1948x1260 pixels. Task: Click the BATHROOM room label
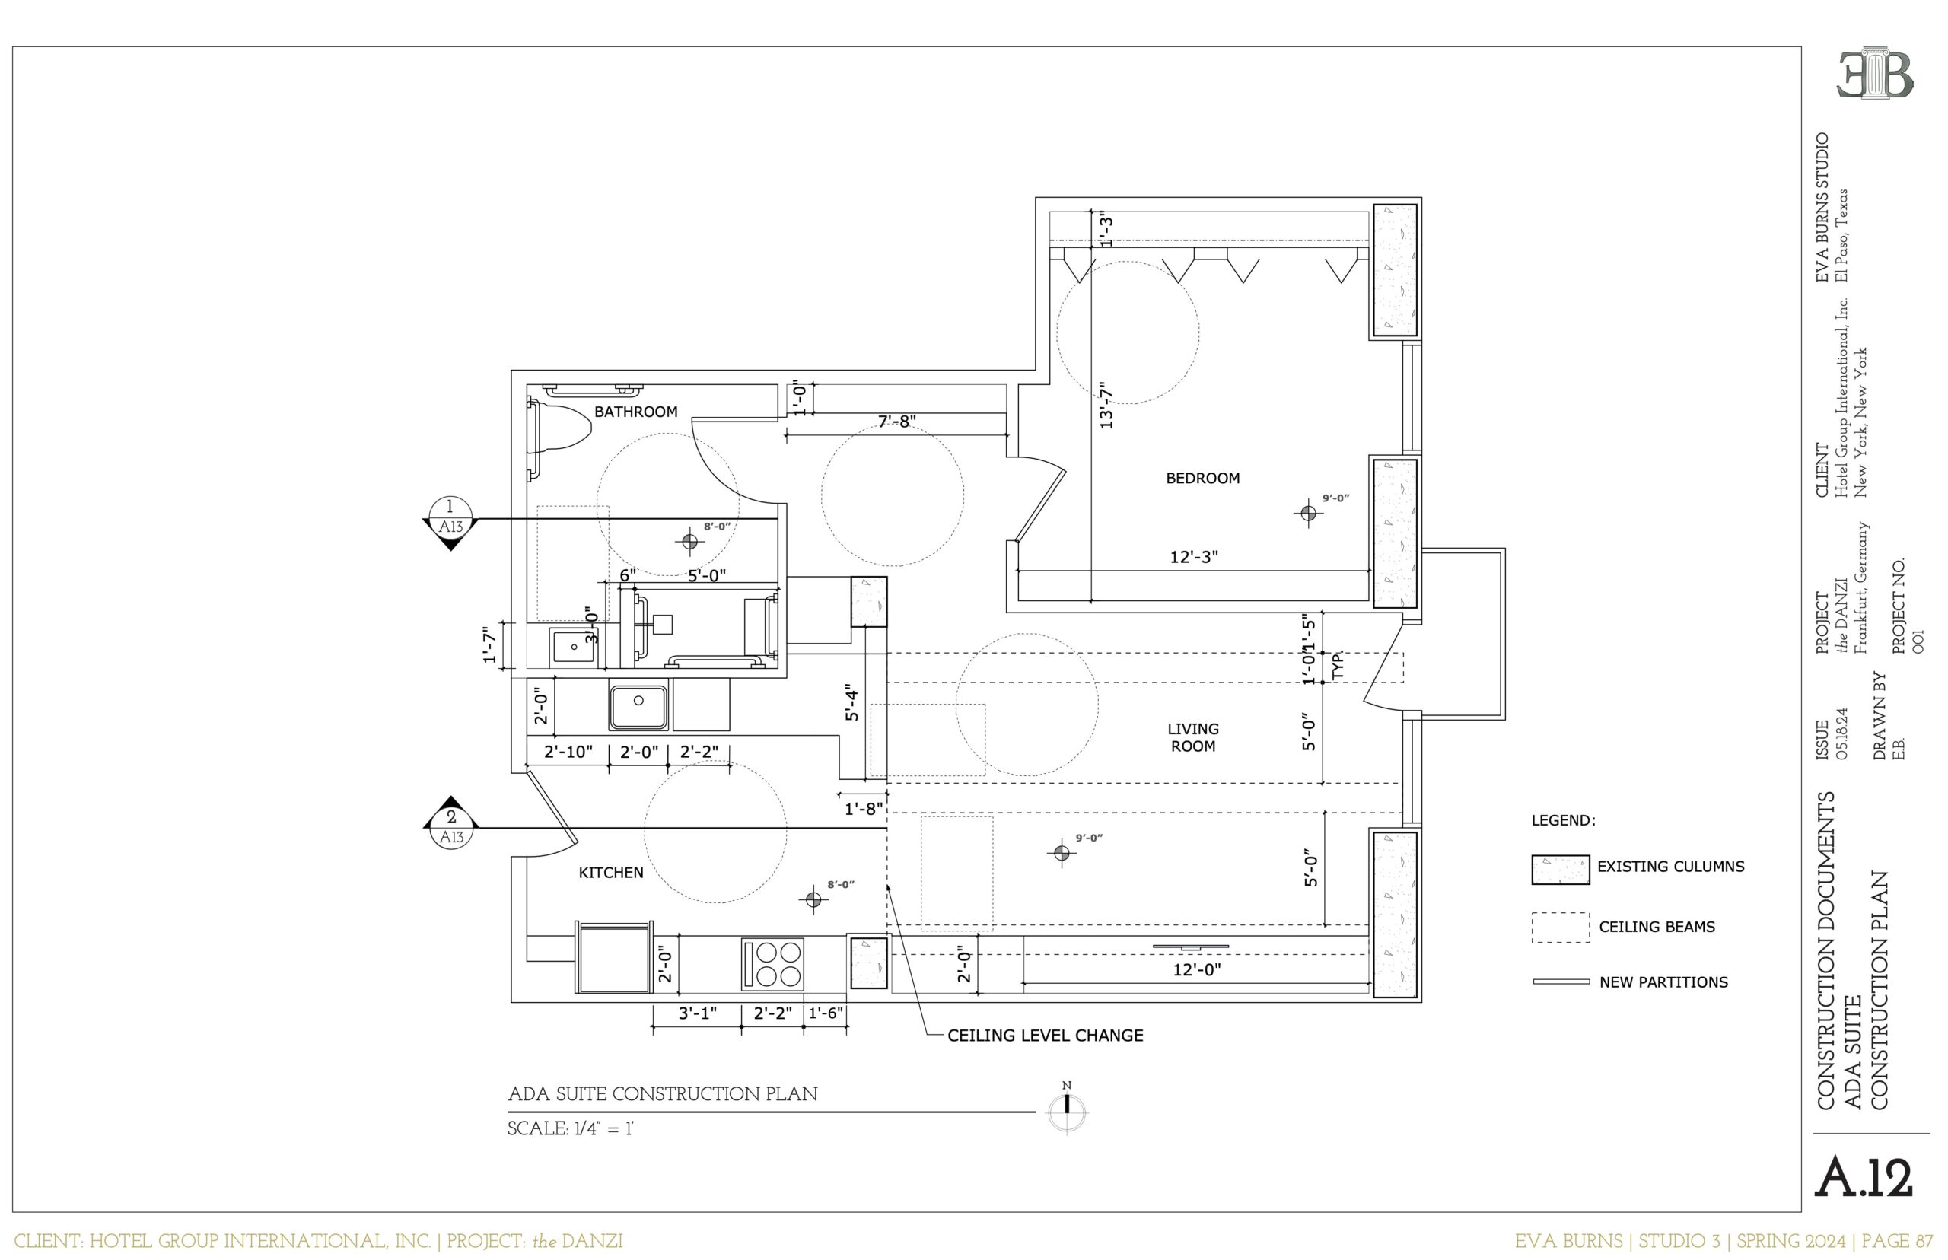point(635,412)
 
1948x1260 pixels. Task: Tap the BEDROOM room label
point(1203,478)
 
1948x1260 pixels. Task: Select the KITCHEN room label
point(611,872)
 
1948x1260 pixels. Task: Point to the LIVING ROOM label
point(1193,737)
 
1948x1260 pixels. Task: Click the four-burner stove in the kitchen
point(772,965)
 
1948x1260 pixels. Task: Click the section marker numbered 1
point(450,522)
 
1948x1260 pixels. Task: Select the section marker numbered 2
point(450,822)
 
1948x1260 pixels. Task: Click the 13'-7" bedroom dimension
point(1106,404)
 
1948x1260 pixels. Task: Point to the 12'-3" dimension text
point(1194,557)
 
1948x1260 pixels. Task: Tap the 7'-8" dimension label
point(896,422)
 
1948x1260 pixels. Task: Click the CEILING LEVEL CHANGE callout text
point(1045,1035)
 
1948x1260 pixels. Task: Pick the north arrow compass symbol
point(1067,1111)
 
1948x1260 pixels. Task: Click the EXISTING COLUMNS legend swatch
point(1560,870)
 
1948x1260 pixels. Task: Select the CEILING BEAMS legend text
point(1657,927)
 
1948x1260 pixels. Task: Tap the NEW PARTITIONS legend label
point(1663,982)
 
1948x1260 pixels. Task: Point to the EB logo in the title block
point(1875,75)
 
